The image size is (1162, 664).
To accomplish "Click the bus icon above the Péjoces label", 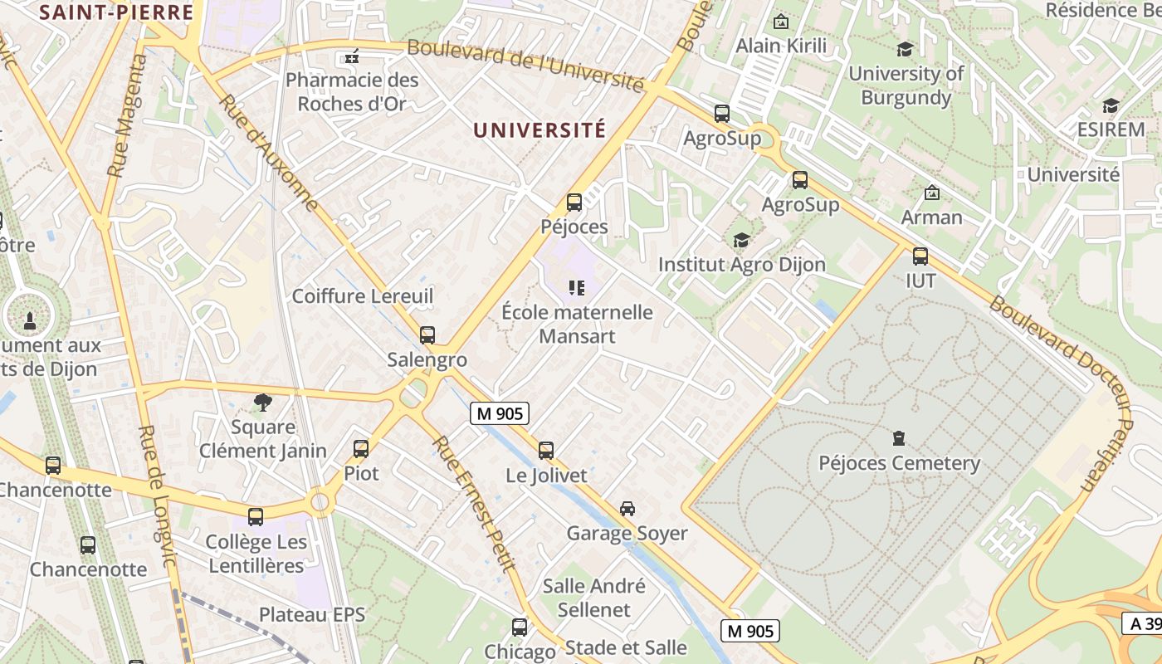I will [574, 203].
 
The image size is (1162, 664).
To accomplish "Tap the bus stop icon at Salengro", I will [427, 335].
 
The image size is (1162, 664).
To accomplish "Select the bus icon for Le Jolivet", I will [546, 451].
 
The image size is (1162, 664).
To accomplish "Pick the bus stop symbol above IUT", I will [920, 256].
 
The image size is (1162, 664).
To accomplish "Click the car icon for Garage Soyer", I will [627, 509].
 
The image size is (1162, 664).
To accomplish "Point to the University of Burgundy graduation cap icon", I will [905, 50].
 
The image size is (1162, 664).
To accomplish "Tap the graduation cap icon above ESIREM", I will [1111, 105].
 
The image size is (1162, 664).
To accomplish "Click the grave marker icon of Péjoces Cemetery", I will [898, 437].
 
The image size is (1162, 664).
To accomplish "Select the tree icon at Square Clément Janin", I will [263, 403].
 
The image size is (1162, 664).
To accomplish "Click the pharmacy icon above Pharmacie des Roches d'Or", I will [352, 57].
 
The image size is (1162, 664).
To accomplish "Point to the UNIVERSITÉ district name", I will [539, 130].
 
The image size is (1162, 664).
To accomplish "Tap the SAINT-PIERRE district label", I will [116, 12].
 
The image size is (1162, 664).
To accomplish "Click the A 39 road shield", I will [1145, 623].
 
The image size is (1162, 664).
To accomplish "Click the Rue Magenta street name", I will [127, 115].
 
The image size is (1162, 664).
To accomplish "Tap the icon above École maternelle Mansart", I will [577, 288].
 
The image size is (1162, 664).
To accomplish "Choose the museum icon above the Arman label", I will [932, 193].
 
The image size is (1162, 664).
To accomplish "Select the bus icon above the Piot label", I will [361, 449].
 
